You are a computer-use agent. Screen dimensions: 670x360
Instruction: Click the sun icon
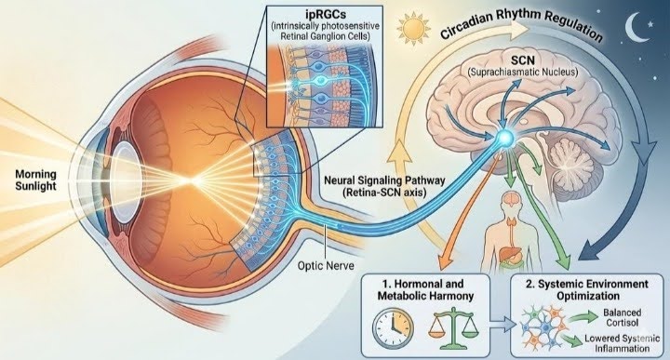click(x=413, y=29)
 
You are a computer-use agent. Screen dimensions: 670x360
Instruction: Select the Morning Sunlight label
click(x=36, y=180)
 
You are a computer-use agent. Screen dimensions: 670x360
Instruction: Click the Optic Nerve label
click(x=326, y=266)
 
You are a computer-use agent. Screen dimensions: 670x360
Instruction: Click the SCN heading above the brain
click(x=523, y=60)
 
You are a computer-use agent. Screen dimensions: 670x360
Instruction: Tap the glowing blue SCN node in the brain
click(x=506, y=138)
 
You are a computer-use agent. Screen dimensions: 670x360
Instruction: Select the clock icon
click(x=393, y=327)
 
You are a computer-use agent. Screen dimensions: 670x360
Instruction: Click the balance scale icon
click(x=452, y=329)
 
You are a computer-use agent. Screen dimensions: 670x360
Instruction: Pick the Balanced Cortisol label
click(x=623, y=317)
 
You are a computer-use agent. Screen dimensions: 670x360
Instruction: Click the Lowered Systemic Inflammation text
click(x=623, y=343)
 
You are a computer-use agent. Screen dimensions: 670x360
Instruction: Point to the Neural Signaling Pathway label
click(x=384, y=180)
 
